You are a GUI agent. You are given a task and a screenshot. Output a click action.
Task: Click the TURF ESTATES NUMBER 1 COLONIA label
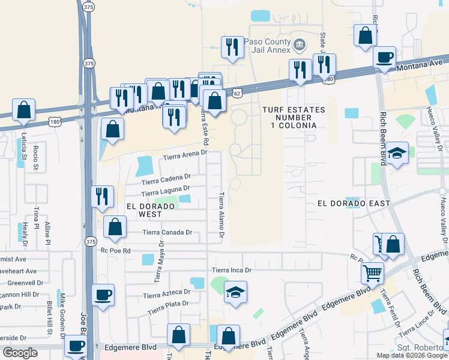[293, 118]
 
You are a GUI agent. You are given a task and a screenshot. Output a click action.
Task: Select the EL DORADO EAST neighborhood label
[354, 203]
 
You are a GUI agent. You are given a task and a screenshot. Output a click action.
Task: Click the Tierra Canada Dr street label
[167, 232]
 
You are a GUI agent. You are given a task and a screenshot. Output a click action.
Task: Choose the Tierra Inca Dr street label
[231, 271]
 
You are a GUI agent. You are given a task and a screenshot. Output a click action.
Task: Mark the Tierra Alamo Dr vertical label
[221, 215]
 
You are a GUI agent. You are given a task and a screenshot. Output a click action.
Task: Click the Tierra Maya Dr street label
[159, 262]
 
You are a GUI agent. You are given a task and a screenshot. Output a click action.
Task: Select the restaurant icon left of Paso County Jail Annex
[232, 46]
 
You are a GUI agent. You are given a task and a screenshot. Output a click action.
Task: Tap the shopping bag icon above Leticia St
[24, 109]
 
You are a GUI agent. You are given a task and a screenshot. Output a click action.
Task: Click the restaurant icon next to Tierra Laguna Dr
[102, 196]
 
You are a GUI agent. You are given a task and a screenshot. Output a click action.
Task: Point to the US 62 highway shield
[238, 94]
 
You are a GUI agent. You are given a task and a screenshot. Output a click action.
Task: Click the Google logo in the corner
[20, 353]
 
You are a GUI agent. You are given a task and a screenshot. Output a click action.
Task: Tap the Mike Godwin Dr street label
[62, 306]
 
